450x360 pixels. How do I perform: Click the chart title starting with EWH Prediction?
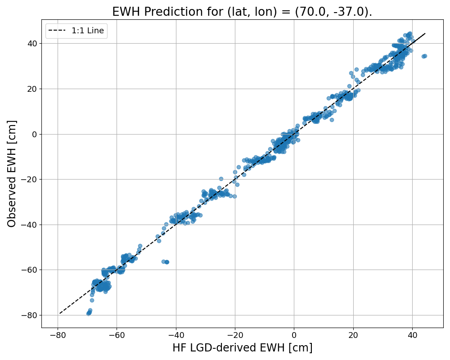242,12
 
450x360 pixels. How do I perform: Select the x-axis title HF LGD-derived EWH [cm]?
242,348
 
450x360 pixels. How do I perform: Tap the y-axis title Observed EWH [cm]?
12,174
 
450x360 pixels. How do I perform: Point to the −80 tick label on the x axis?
57,335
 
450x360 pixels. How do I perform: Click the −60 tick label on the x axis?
117,335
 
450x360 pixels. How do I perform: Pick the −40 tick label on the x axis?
175,335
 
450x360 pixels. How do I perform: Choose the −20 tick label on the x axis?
235,335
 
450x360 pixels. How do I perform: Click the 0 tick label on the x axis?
294,335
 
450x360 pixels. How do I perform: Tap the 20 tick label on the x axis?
353,335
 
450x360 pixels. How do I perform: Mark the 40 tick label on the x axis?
412,335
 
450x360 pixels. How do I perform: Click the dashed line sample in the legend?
58,31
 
